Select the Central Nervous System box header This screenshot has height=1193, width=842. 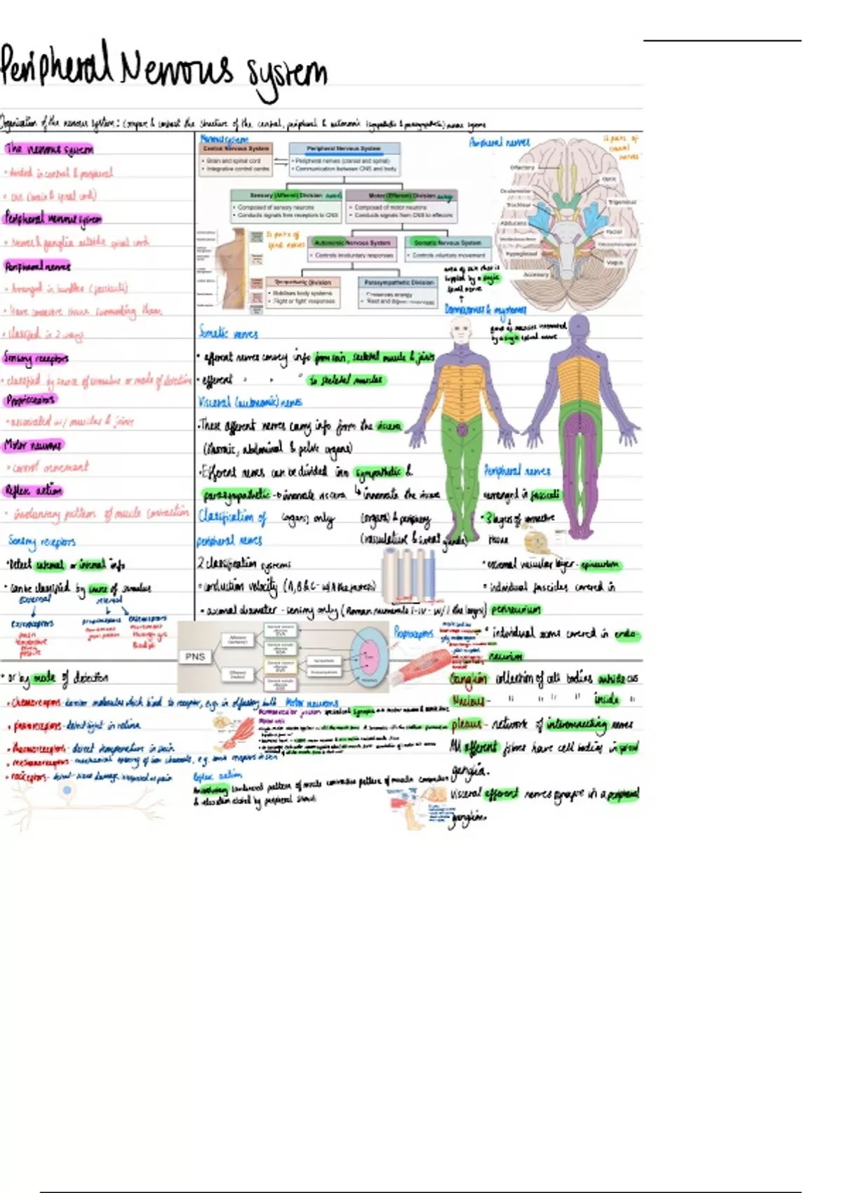click(x=236, y=149)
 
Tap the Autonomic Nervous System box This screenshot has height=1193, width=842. click(x=352, y=243)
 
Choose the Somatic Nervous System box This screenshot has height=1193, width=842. click(x=448, y=243)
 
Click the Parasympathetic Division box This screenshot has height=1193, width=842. click(x=398, y=283)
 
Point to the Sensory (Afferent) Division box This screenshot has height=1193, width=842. click(x=286, y=196)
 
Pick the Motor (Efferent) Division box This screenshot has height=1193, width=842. click(x=403, y=196)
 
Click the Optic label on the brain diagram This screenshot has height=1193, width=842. click(x=609, y=180)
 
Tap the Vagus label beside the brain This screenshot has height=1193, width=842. click(x=614, y=262)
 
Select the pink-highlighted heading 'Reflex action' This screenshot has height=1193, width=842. click(x=33, y=491)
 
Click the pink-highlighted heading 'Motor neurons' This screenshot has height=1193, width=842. click(x=33, y=445)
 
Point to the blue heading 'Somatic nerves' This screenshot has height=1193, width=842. click(x=228, y=333)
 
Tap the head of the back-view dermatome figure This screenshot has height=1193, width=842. click(x=580, y=326)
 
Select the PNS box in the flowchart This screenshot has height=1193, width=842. click(x=195, y=657)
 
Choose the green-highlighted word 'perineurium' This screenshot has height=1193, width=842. click(x=516, y=609)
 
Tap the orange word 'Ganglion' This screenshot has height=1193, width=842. click(x=469, y=679)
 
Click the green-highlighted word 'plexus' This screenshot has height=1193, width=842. click(x=467, y=724)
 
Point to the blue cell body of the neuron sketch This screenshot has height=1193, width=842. click(x=67, y=791)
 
